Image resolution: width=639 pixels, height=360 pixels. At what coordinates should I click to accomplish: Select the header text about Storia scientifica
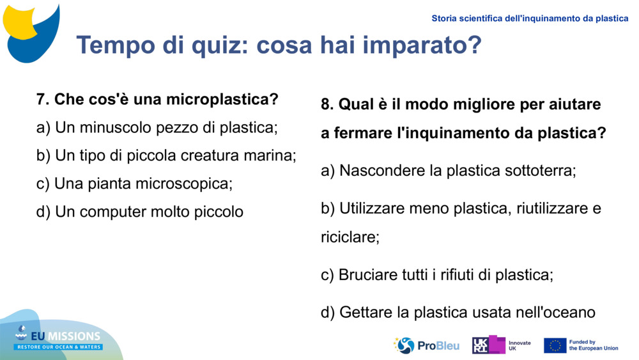530,19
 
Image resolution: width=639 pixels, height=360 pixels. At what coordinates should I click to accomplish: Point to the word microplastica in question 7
222,100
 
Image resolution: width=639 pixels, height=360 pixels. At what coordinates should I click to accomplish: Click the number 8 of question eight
326,104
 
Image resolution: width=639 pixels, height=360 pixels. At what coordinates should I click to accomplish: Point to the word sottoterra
540,171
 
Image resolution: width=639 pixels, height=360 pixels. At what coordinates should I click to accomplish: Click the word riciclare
350,237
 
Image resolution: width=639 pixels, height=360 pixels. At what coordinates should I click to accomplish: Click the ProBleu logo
426,345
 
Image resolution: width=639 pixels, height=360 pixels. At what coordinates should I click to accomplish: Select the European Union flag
555,345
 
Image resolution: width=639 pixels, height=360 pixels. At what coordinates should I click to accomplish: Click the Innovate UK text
519,345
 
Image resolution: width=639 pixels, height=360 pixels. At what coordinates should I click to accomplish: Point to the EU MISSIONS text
67,336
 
